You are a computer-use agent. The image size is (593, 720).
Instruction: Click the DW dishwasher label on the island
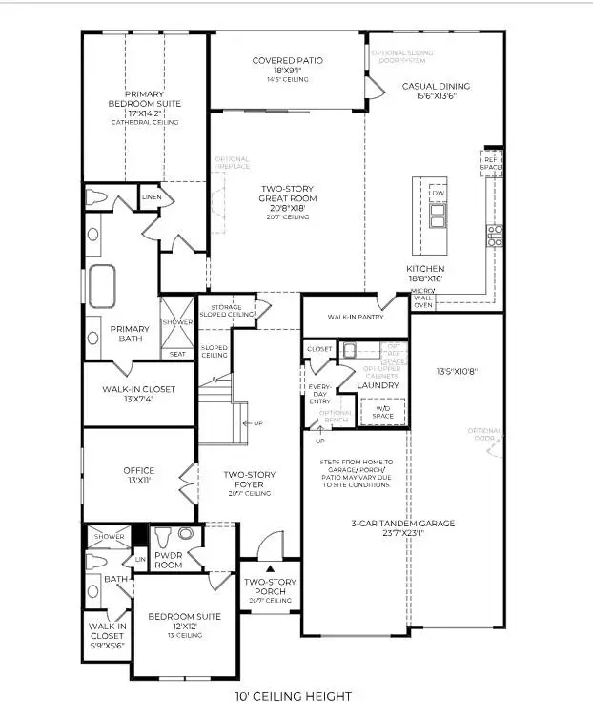tap(438, 194)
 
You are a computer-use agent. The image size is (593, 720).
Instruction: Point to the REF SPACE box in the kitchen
tap(491, 162)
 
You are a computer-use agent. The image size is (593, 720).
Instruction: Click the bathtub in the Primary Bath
tap(102, 283)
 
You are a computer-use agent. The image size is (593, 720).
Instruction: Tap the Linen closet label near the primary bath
tap(152, 197)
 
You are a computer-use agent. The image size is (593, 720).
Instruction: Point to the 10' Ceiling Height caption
tap(294, 697)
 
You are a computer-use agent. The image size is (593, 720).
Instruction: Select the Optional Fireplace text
tap(232, 163)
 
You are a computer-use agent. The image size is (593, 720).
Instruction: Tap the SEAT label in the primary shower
tap(177, 354)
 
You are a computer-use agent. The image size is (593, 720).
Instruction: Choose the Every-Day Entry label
tap(319, 393)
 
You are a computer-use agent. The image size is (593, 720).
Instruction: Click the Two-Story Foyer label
tap(243, 479)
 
